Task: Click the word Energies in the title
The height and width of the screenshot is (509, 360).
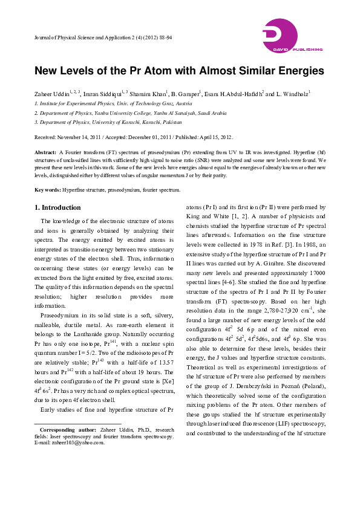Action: (x=298, y=71)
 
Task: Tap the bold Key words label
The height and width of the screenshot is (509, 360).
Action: (x=47, y=189)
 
